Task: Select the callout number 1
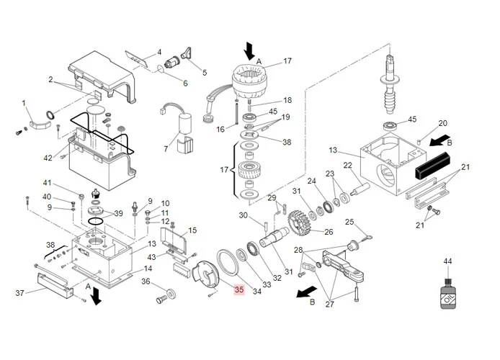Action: (23, 103)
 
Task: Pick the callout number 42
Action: (48, 158)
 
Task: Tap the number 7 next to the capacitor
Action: (165, 149)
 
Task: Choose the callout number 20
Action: (442, 123)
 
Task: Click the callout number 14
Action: (148, 269)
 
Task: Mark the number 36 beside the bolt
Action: (145, 282)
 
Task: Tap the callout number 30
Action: (243, 215)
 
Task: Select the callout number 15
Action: (192, 230)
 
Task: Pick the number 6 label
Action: (184, 84)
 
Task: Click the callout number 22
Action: (347, 165)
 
